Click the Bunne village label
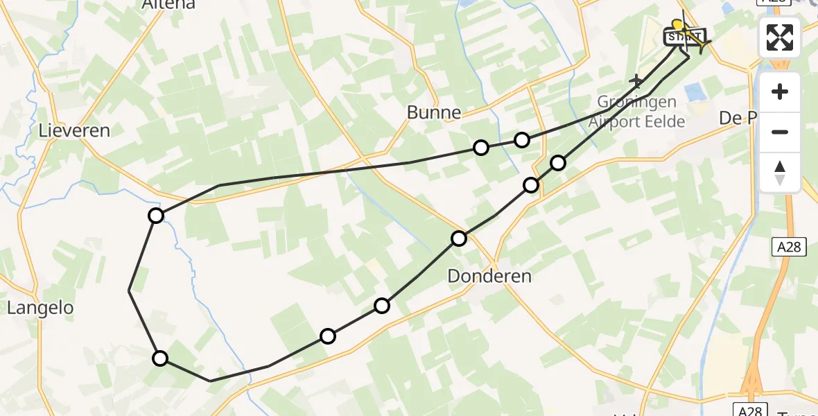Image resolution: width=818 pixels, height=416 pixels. (x=434, y=112)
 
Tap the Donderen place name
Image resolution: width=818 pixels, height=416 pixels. (x=489, y=276)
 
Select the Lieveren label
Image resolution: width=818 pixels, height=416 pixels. (x=75, y=130)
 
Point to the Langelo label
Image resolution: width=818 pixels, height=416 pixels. (x=40, y=308)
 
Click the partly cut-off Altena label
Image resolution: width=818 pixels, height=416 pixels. (x=168, y=5)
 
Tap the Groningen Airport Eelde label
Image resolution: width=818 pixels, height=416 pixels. (x=636, y=112)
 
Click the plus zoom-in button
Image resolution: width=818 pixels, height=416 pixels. (x=780, y=92)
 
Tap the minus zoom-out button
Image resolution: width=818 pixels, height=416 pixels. (x=780, y=132)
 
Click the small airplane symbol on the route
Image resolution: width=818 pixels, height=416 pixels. (x=636, y=82)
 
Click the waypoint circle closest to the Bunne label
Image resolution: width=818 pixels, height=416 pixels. (x=480, y=147)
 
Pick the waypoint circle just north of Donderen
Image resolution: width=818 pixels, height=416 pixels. (x=459, y=239)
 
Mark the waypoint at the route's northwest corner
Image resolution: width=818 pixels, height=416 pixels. (x=156, y=216)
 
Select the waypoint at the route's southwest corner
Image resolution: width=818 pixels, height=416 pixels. (x=160, y=358)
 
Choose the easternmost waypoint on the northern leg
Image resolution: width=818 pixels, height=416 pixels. (x=522, y=140)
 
